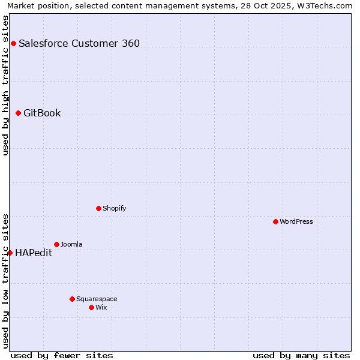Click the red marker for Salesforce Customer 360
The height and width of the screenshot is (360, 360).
[x=13, y=43]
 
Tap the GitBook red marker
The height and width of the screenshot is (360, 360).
[x=18, y=113]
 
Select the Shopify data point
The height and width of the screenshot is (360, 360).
[x=98, y=208]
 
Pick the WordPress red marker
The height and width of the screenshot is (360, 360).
[x=275, y=221]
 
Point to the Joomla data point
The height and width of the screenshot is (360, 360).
[x=56, y=244]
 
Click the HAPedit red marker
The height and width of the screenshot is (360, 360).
[x=10, y=253]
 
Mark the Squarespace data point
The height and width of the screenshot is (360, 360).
[x=72, y=299]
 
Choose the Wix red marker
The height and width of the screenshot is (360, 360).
[x=91, y=307]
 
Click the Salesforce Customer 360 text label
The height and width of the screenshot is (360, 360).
[x=79, y=43]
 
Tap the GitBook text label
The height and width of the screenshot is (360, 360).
[x=42, y=113]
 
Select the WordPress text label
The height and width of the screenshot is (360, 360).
[x=296, y=221]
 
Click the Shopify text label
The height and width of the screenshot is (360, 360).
[x=114, y=208]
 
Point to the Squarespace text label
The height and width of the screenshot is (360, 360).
[x=97, y=299]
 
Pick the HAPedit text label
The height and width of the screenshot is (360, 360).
[x=34, y=253]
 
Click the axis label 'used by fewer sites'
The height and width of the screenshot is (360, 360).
[x=61, y=355]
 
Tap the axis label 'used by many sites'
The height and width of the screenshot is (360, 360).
[x=301, y=355]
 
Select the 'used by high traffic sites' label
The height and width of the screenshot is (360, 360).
[x=5, y=85]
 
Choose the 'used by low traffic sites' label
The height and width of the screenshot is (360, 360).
[x=5, y=281]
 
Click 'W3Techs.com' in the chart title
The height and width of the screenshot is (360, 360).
[x=326, y=5]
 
